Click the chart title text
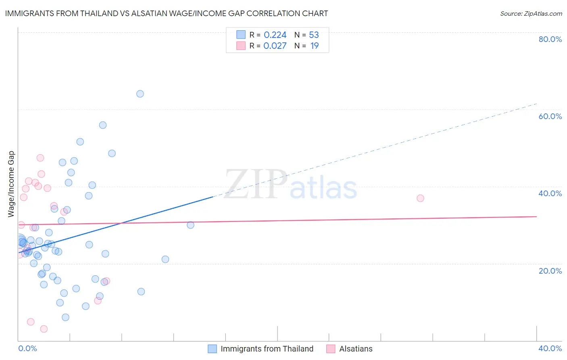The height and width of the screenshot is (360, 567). [x=166, y=13]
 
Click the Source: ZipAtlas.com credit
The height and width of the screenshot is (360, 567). [x=531, y=13]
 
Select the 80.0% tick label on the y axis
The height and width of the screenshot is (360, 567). [x=550, y=39]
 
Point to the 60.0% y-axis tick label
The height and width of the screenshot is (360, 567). [x=550, y=116]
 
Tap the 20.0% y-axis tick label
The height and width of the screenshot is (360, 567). [x=550, y=271]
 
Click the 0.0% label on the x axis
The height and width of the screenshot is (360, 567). [x=27, y=348]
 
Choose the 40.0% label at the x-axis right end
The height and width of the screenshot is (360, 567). [x=550, y=348]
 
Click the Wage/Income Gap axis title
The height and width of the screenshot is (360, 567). [x=11, y=184]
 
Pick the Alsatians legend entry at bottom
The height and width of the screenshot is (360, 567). [x=356, y=349]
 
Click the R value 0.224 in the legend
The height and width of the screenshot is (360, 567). [x=275, y=35]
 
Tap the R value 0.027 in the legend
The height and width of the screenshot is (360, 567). [x=275, y=46]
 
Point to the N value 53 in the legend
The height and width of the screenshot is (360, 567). [x=314, y=35]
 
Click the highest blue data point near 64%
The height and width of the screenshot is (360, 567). [x=140, y=94]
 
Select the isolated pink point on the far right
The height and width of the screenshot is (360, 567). [x=420, y=198]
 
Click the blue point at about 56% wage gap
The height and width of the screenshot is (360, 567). [x=103, y=125]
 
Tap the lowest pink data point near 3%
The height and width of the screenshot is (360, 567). [x=44, y=329]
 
